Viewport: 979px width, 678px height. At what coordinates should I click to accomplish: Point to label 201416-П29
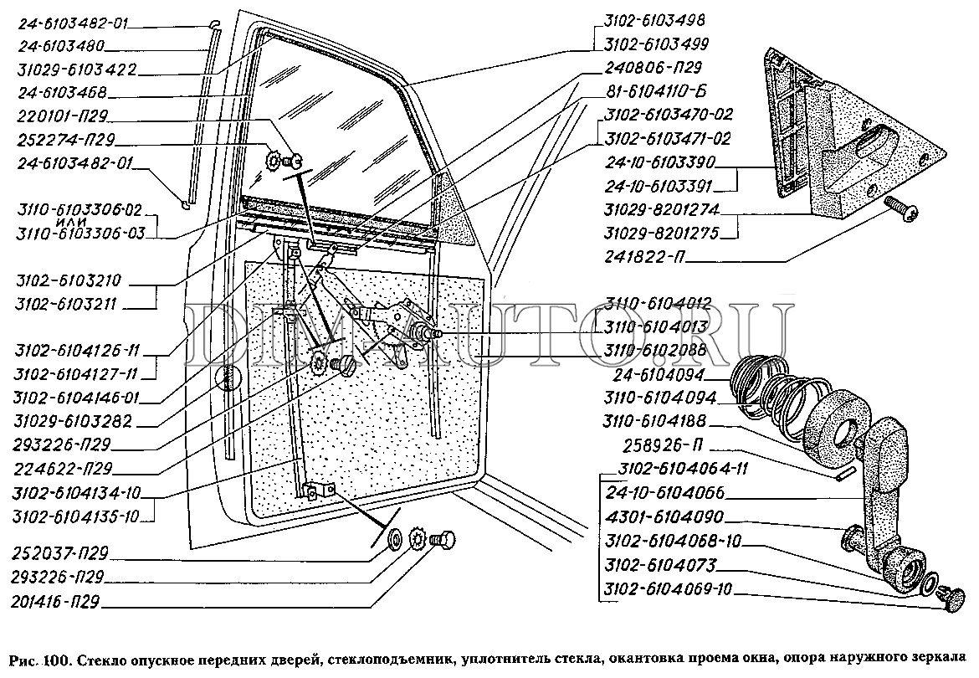[x=61, y=601]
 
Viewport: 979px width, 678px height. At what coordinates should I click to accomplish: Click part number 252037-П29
[x=61, y=554]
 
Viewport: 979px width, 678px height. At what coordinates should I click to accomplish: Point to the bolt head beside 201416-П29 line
[x=443, y=543]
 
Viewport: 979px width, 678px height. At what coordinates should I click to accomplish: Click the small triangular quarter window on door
[x=452, y=209]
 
